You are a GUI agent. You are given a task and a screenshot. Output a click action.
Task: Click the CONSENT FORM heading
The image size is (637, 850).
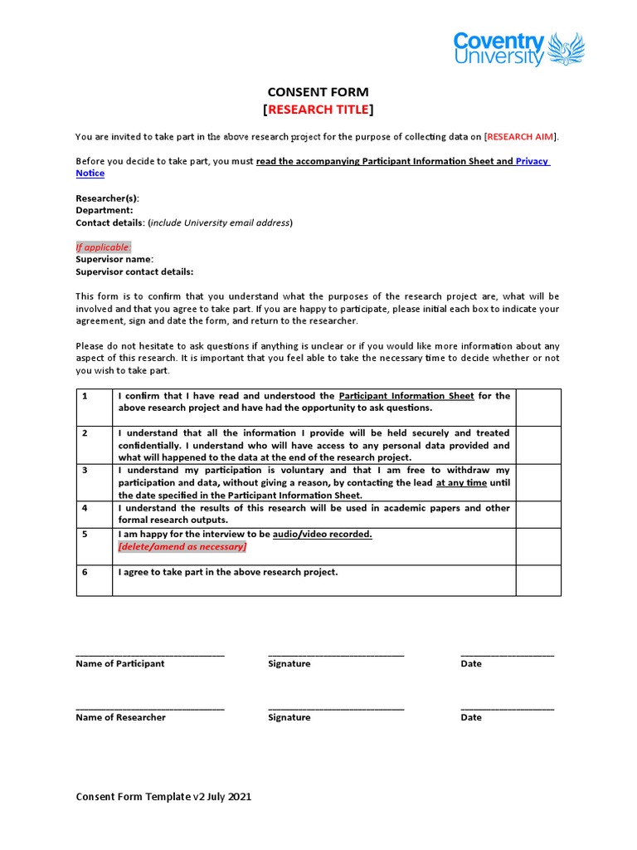tap(318, 92)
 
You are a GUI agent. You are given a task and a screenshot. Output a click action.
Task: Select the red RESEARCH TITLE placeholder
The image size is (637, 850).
tap(318, 110)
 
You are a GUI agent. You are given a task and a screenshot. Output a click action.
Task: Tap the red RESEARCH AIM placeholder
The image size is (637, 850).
tap(521, 137)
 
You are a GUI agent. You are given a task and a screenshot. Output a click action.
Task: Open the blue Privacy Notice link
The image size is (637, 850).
tap(531, 161)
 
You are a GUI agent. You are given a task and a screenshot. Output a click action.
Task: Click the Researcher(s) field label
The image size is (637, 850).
tap(107, 198)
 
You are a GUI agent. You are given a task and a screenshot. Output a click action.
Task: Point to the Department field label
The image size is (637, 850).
tap(104, 211)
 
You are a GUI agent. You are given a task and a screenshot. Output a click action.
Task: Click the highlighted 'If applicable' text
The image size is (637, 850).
tap(104, 247)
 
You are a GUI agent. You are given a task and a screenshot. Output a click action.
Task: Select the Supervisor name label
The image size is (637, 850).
tap(114, 259)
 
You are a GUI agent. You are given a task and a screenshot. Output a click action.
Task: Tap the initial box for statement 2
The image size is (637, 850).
tap(538, 445)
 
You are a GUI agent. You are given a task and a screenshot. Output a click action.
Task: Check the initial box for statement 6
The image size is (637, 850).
tap(538, 580)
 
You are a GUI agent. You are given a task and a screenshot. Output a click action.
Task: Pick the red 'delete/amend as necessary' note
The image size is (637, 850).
tap(182, 547)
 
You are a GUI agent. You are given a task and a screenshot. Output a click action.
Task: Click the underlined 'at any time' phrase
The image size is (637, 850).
tap(461, 483)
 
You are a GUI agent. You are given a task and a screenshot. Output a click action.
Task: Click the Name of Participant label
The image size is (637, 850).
tap(120, 664)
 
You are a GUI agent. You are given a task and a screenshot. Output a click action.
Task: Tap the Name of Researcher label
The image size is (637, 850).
tap(120, 717)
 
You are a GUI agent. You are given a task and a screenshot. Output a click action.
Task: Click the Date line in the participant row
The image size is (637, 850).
tap(507, 656)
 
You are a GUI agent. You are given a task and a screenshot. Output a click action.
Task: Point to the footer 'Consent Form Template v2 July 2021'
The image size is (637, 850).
tap(163, 797)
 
